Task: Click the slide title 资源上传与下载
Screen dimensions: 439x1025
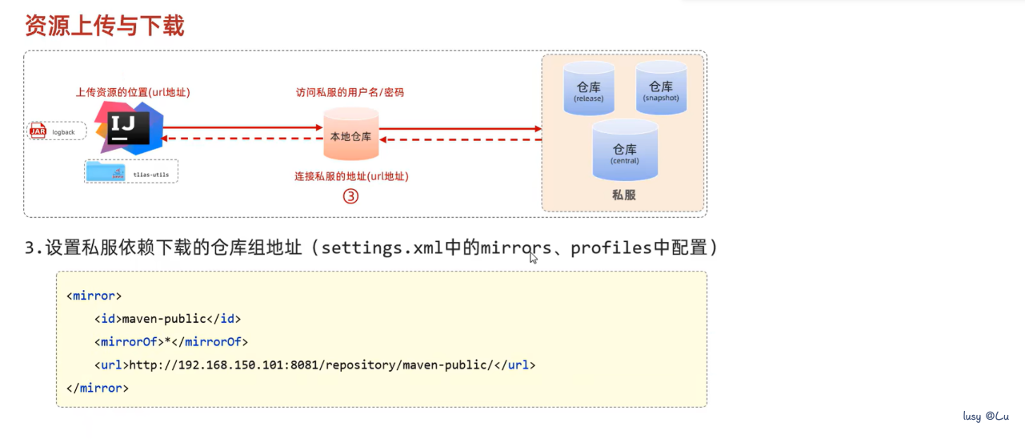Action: [105, 26]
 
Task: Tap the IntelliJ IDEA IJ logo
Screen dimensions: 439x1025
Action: [128, 128]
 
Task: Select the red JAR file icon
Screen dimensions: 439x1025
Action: [38, 131]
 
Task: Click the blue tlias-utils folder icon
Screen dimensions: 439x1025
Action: [106, 171]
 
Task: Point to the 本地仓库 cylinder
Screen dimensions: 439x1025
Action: [350, 135]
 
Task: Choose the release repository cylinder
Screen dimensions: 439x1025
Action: [588, 89]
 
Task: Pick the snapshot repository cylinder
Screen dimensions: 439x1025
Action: [661, 87]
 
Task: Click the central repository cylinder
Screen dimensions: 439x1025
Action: [624, 151]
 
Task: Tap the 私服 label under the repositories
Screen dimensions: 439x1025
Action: [623, 195]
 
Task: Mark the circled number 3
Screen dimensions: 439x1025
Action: [350, 196]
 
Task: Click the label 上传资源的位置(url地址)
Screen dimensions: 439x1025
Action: [133, 92]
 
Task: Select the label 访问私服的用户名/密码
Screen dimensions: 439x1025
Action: [350, 92]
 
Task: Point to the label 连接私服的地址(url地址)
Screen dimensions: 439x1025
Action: [358, 175]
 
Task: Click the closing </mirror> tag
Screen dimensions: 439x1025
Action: [98, 388]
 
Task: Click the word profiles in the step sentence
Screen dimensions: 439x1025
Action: [611, 248]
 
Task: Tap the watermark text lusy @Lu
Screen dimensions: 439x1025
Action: [986, 417]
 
